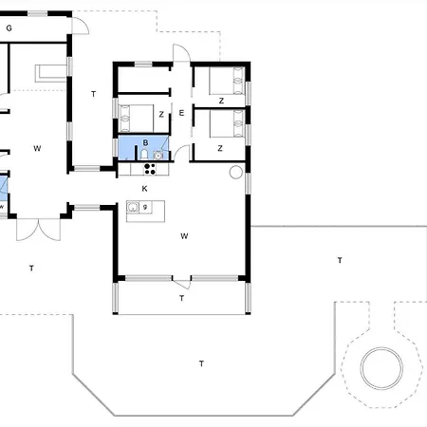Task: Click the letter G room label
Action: point(9,28)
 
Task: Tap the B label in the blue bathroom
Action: point(145,142)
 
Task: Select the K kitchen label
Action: point(144,189)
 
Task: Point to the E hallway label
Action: point(181,113)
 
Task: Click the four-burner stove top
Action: point(150,169)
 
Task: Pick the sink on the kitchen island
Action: point(133,207)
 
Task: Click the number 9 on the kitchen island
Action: point(145,207)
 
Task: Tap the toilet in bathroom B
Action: point(144,155)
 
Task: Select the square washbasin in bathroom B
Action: point(158,155)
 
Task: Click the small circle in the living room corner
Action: point(236,173)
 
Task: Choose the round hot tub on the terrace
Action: point(381,368)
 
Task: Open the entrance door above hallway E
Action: point(181,53)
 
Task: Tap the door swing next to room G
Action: point(81,26)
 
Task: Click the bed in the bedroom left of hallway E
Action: point(137,119)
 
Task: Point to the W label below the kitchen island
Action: point(184,236)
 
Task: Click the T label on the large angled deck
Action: point(201,363)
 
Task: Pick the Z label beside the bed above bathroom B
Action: point(161,115)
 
